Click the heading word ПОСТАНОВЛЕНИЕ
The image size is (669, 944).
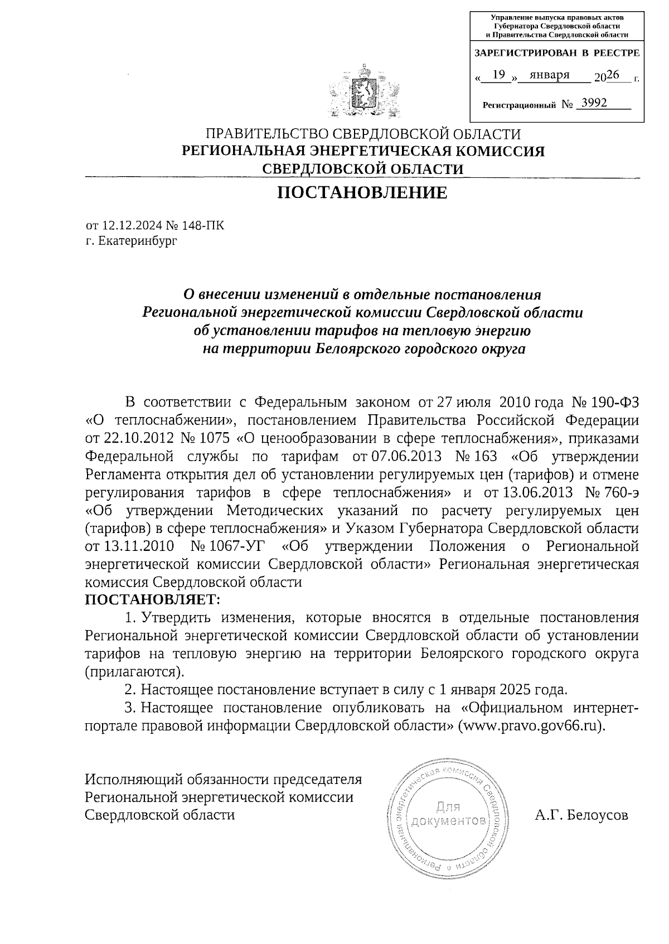coord(362,193)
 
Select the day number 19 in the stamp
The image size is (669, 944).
coord(500,75)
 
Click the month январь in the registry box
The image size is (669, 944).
coord(549,75)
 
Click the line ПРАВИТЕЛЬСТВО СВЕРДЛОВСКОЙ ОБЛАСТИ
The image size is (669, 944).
coord(363,134)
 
